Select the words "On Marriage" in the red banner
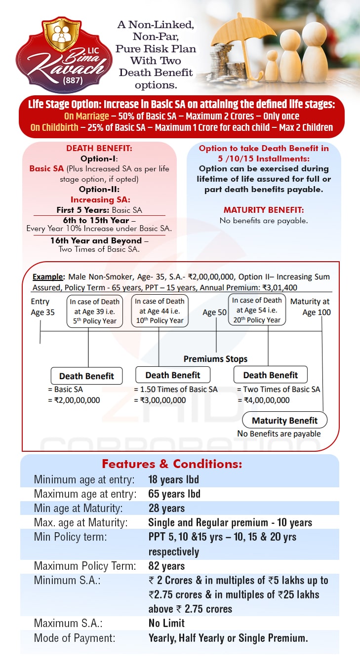87,116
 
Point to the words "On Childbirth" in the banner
54,127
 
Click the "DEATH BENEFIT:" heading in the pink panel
99,148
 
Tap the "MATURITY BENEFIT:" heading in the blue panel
264,210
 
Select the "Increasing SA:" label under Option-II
99,199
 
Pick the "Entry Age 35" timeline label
42,307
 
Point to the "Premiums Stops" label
215,359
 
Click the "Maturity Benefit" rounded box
284,421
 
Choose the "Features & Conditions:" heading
172,464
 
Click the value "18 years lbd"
174,479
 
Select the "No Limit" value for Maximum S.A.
166,623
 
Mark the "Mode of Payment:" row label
75,638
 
